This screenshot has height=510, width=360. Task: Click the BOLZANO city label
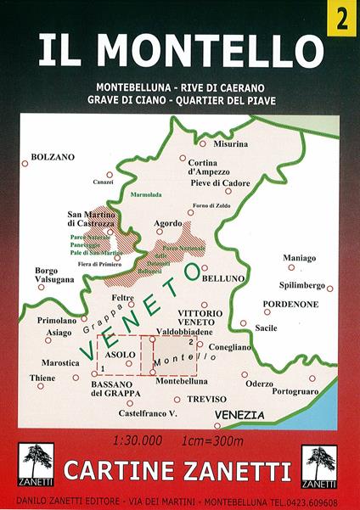pyautogui.click(x=53, y=158)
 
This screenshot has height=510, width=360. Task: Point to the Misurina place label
pyautogui.click(x=231, y=144)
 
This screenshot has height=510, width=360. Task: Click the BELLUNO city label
pyautogui.click(x=226, y=277)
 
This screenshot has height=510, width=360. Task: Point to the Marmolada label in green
pyautogui.click(x=145, y=195)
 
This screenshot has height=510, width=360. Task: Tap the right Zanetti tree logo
pyautogui.click(x=322, y=466)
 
